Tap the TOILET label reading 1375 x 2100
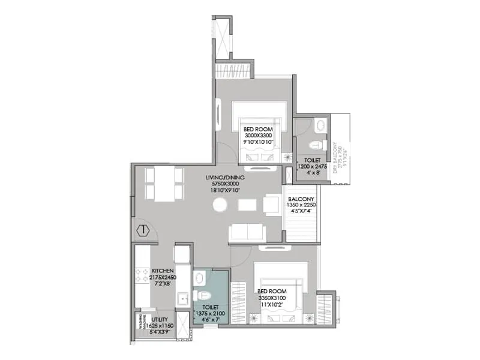click(x=209, y=307)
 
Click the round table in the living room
click(x=220, y=205)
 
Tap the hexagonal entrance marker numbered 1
click(x=142, y=230)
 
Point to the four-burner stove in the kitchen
click(x=142, y=276)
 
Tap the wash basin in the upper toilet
click(x=320, y=125)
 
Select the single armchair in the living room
click(x=271, y=205)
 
